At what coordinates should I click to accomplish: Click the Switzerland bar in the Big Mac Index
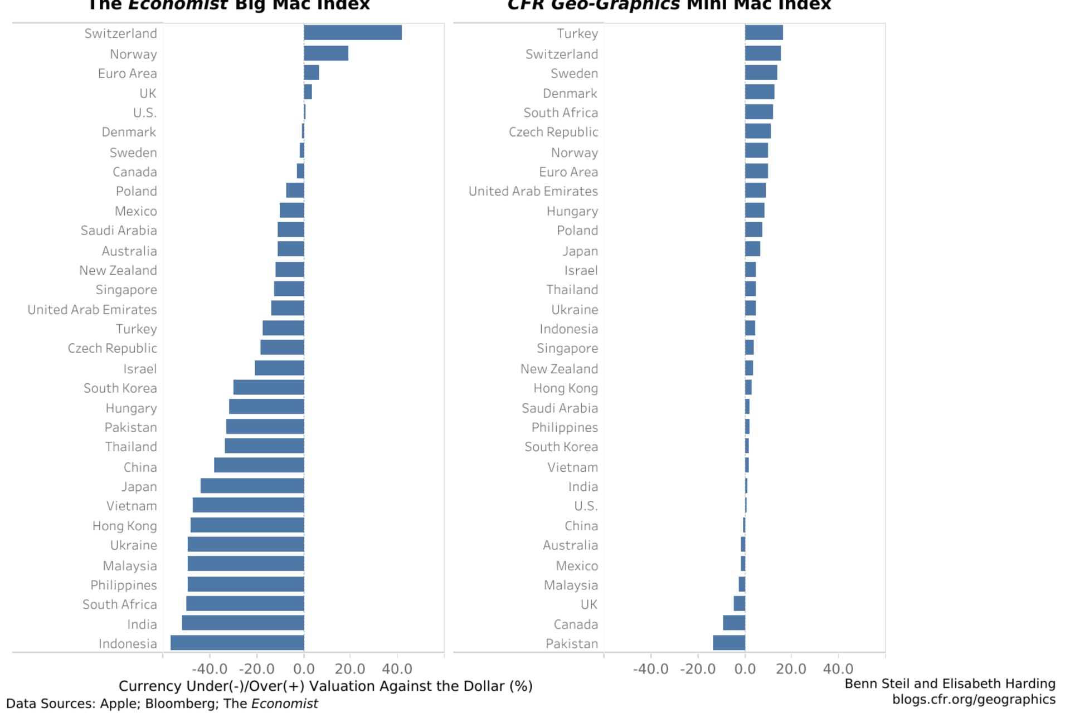pyautogui.click(x=352, y=33)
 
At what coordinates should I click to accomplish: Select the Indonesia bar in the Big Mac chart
pyautogui.click(x=237, y=643)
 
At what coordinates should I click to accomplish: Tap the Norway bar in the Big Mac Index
pyautogui.click(x=326, y=53)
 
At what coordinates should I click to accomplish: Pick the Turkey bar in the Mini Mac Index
pyautogui.click(x=763, y=33)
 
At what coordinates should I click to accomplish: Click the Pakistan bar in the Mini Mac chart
pyautogui.click(x=729, y=643)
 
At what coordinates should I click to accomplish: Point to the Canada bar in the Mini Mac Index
pyautogui.click(x=734, y=623)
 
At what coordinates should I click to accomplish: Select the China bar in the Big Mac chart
pyautogui.click(x=259, y=466)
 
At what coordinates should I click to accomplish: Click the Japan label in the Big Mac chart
pyautogui.click(x=139, y=486)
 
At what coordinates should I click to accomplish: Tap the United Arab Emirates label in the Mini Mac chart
pyautogui.click(x=533, y=191)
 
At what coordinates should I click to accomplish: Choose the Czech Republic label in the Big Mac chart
pyautogui.click(x=112, y=348)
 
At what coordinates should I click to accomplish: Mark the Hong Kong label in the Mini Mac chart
pyautogui.click(x=565, y=388)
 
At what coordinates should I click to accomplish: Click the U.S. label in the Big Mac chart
pyautogui.click(x=145, y=113)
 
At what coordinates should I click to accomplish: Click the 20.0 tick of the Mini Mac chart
pyautogui.click(x=791, y=668)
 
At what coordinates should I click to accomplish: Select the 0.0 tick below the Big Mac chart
pyautogui.click(x=304, y=668)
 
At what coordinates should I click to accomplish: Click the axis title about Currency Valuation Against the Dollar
pyautogui.click(x=325, y=686)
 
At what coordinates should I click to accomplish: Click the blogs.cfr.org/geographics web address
pyautogui.click(x=974, y=700)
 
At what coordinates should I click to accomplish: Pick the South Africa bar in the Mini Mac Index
pyautogui.click(x=758, y=112)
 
